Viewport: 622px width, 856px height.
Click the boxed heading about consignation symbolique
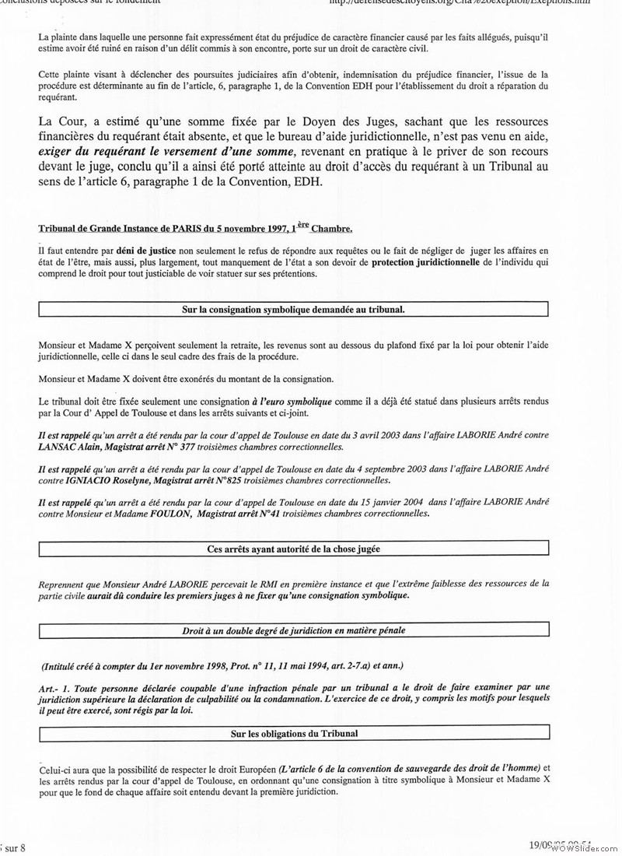coord(293,310)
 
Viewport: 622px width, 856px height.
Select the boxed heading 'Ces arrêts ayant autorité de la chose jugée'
coord(293,549)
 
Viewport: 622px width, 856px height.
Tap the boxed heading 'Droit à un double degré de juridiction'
coord(293,630)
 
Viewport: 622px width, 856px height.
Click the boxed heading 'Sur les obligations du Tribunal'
coord(293,733)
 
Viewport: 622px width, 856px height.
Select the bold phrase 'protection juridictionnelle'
coord(425,263)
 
